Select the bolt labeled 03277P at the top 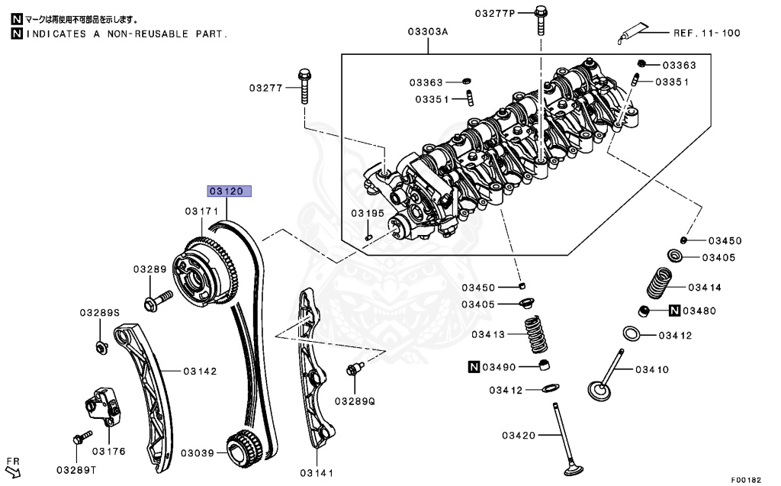pyautogui.click(x=540, y=21)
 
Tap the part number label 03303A pyautogui.click(x=427, y=32)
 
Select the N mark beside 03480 pyautogui.click(x=675, y=311)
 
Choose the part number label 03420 pyautogui.click(x=520, y=436)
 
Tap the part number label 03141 pyautogui.click(x=317, y=474)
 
